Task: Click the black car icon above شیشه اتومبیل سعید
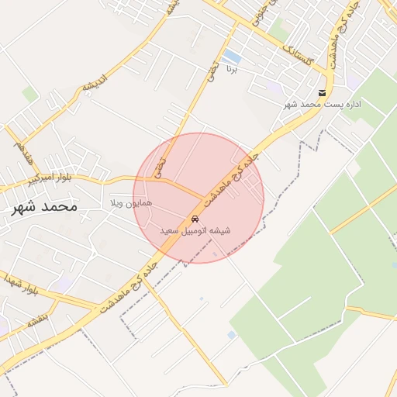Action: pyautogui.click(x=194, y=219)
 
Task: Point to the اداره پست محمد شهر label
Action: pyautogui.click(x=323, y=105)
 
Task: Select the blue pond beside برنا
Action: pyautogui.click(x=231, y=57)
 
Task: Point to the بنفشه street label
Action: pyautogui.click(x=37, y=318)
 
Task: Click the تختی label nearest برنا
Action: pyautogui.click(x=210, y=72)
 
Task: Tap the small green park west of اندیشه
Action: pyautogui.click(x=30, y=95)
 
